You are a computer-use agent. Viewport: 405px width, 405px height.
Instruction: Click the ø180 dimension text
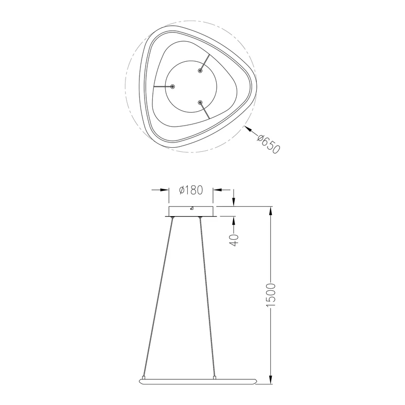(x=191, y=190)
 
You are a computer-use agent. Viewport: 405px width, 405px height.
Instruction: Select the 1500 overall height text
(x=271, y=296)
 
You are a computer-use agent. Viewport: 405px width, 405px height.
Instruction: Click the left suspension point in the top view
(x=173, y=86)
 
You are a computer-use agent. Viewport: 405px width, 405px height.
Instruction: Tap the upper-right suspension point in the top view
(x=201, y=71)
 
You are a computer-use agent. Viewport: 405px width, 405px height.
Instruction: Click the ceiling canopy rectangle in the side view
(x=191, y=212)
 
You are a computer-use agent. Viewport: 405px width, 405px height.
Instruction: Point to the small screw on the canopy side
(x=191, y=209)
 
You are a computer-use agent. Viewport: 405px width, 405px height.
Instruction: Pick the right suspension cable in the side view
(x=206, y=298)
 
